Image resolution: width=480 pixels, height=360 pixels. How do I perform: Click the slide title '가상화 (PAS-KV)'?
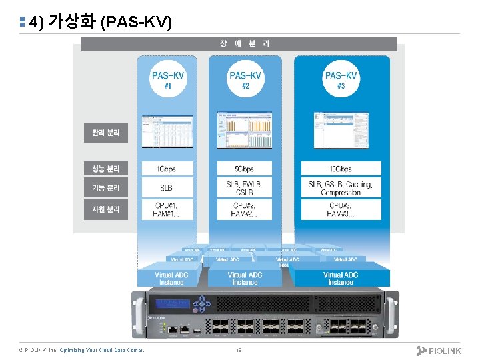point(100,22)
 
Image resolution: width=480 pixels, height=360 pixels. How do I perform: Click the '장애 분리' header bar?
point(239,44)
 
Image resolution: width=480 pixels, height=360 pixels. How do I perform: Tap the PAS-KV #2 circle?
point(245,81)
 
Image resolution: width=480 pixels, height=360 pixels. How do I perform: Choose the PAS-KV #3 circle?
point(341,81)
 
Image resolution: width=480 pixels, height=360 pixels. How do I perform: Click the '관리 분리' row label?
point(105,133)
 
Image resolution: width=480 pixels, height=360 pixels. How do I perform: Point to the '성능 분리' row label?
point(105,169)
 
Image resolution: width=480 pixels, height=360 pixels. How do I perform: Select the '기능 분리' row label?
point(105,188)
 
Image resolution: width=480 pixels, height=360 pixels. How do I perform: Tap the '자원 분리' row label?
point(105,209)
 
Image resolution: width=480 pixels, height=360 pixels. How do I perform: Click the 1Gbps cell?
point(167,169)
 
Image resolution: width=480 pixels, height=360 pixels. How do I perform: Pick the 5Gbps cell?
point(244,169)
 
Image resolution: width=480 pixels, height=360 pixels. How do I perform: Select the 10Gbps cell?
point(341,169)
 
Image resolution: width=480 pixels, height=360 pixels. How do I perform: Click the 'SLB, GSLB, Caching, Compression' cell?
point(341,188)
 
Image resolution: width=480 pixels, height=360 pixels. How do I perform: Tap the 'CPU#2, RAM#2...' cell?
point(244,209)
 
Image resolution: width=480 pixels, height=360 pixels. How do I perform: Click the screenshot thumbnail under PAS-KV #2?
point(244,130)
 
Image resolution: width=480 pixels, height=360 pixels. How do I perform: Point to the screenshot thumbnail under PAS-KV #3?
point(341,130)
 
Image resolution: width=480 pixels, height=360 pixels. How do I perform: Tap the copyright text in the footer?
point(81,350)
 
